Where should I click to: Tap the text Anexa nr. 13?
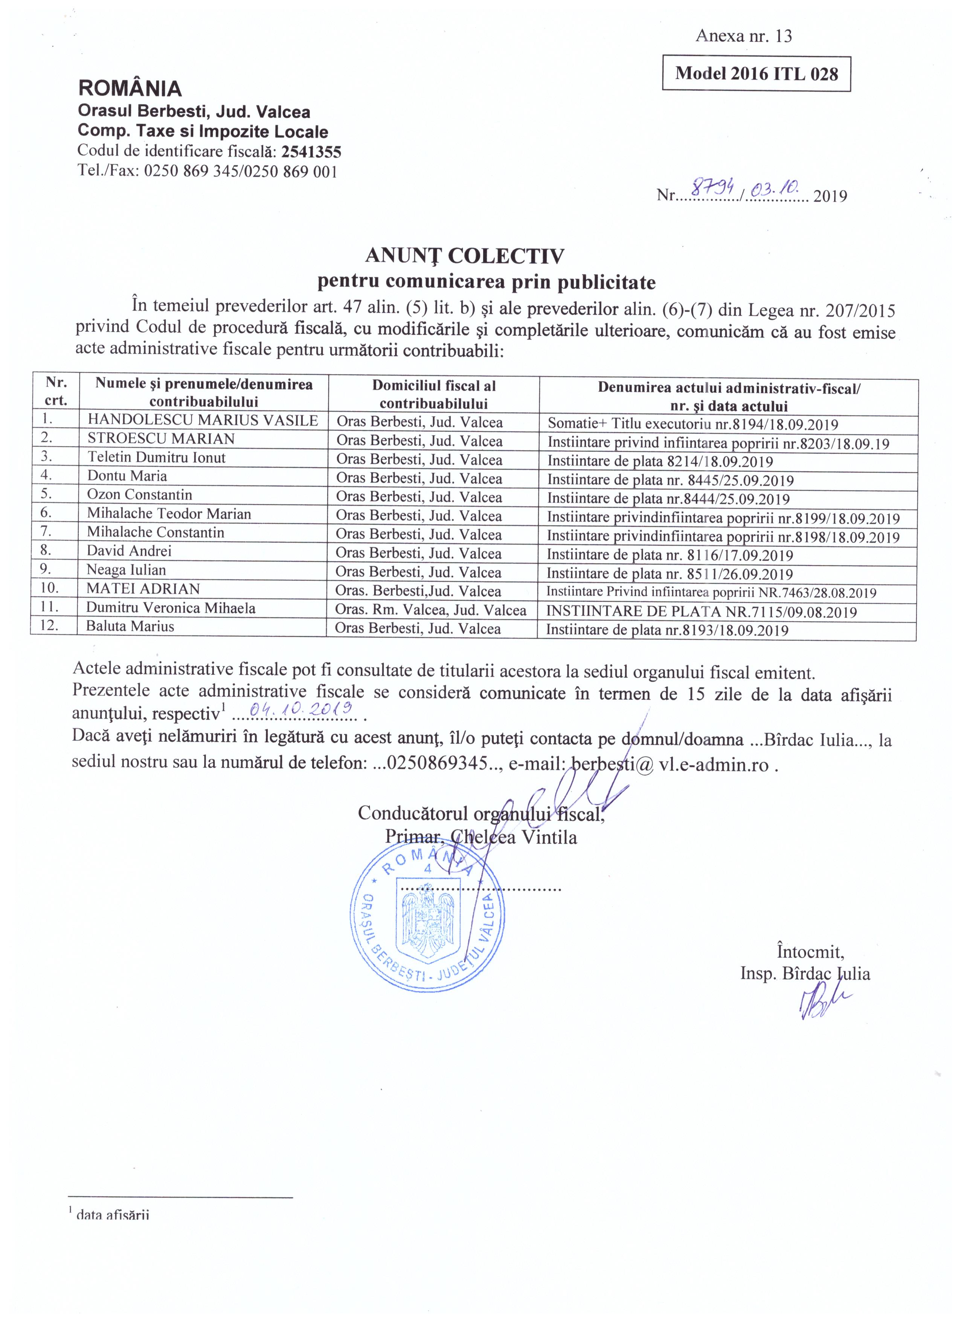[x=744, y=36]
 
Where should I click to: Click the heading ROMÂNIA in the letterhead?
[x=130, y=89]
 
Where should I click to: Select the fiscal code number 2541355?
[x=311, y=152]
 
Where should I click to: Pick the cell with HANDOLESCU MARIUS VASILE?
[x=203, y=420]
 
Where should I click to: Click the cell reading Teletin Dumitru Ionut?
[x=156, y=458]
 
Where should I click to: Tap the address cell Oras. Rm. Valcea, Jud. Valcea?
[x=431, y=610]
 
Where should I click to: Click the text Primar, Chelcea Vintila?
[x=481, y=838]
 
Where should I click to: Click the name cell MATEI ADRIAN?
[x=143, y=589]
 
